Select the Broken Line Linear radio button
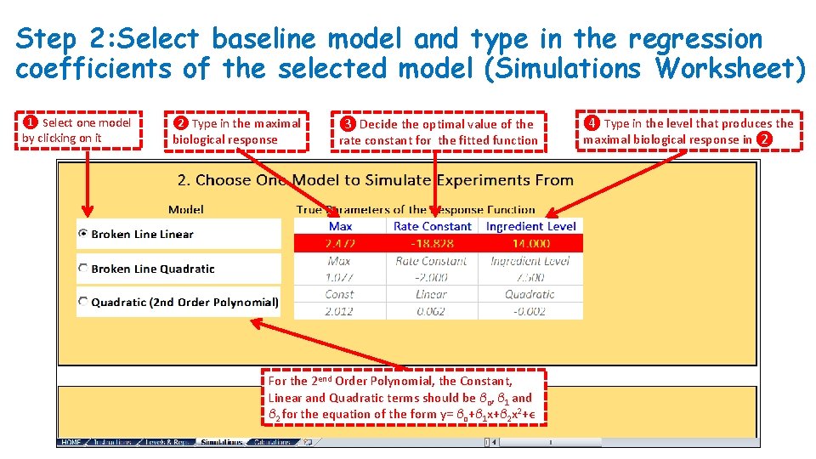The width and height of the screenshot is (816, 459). coord(83,234)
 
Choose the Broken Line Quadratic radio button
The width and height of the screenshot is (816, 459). coord(83,269)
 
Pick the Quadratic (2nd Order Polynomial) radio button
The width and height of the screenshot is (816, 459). coord(83,302)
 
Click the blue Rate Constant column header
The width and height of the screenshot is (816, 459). coord(433,226)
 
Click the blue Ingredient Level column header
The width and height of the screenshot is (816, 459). coord(531,226)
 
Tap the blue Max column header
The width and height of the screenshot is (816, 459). coord(340,226)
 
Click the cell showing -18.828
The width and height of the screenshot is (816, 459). coord(433,243)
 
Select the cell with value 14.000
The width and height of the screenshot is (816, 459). coord(531,243)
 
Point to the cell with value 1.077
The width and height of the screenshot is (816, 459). coord(339,277)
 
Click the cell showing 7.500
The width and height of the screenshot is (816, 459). coord(530,277)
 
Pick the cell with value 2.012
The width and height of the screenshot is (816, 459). coord(339,311)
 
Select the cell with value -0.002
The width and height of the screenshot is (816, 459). coord(530,311)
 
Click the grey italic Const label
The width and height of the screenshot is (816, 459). coord(339,294)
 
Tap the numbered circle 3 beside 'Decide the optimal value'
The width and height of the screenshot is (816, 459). coord(347,124)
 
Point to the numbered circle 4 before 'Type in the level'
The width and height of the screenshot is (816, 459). coord(592,123)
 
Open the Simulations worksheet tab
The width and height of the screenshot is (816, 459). coord(222,442)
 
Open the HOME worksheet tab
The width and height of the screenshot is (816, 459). coord(71,442)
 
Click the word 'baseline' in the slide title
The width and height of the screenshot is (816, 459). coord(263,39)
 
